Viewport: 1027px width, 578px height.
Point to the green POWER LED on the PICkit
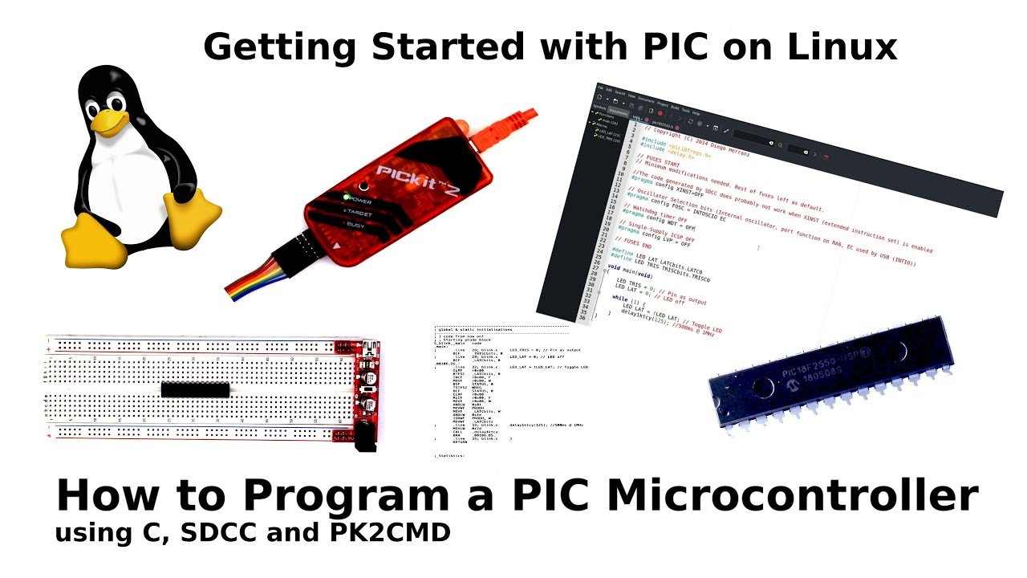[x=347, y=197]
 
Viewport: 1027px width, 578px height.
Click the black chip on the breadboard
[x=195, y=389]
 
